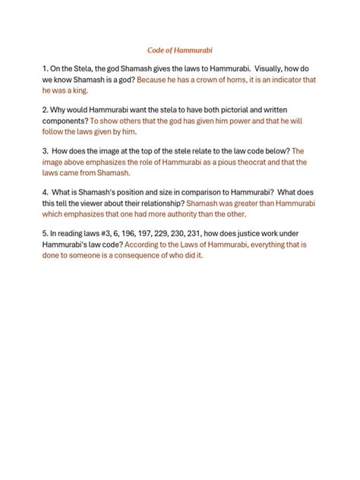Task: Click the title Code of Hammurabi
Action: tap(179, 49)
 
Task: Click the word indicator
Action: tap(292, 78)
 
